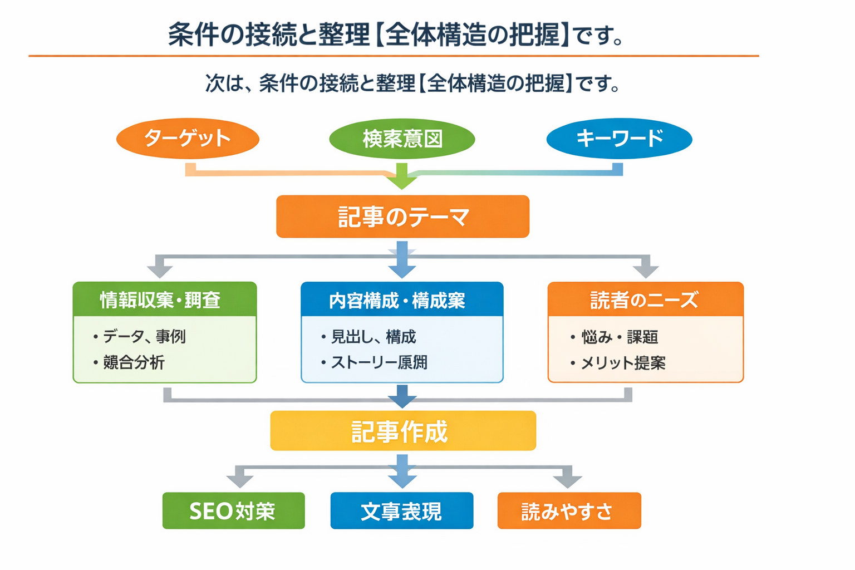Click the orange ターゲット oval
pos(188,138)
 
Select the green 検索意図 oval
pos(402,139)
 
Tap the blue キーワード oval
pos(619,139)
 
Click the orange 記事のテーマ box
pos(402,217)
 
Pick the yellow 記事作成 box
pos(402,431)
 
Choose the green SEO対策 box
pos(233,510)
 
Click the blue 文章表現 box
pos(401,510)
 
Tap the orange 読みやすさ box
pos(569,510)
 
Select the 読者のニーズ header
pos(645,300)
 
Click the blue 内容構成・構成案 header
pos(401,300)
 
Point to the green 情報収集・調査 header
pos(164,299)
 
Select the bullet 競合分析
pos(134,362)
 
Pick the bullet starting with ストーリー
pos(379,362)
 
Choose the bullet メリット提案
pos(622,363)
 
